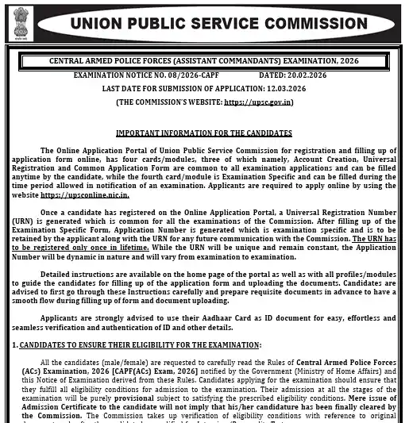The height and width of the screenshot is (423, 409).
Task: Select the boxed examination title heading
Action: click(203, 60)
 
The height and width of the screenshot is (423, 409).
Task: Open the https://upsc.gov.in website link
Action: click(258, 102)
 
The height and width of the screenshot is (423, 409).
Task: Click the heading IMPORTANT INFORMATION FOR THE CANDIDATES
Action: click(203, 133)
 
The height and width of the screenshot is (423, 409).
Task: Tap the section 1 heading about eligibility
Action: click(139, 344)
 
